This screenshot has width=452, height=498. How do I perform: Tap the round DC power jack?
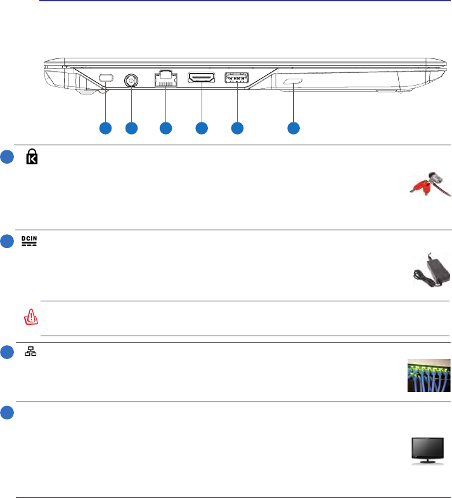[132, 81]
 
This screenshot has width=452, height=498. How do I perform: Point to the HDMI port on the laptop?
[201, 79]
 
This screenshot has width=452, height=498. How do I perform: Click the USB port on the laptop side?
[236, 79]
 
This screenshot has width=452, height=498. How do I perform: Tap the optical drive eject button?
[294, 82]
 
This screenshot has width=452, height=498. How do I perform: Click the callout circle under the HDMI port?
[201, 128]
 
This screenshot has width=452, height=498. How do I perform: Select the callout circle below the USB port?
[236, 128]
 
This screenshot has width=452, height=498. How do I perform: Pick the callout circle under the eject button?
[294, 128]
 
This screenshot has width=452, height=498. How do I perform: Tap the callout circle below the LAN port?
[166, 128]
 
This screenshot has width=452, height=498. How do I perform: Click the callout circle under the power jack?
[132, 128]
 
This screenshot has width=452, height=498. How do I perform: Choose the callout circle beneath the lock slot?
[105, 128]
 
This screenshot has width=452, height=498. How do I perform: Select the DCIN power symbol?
[29, 241]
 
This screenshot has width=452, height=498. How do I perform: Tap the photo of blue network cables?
[429, 376]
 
